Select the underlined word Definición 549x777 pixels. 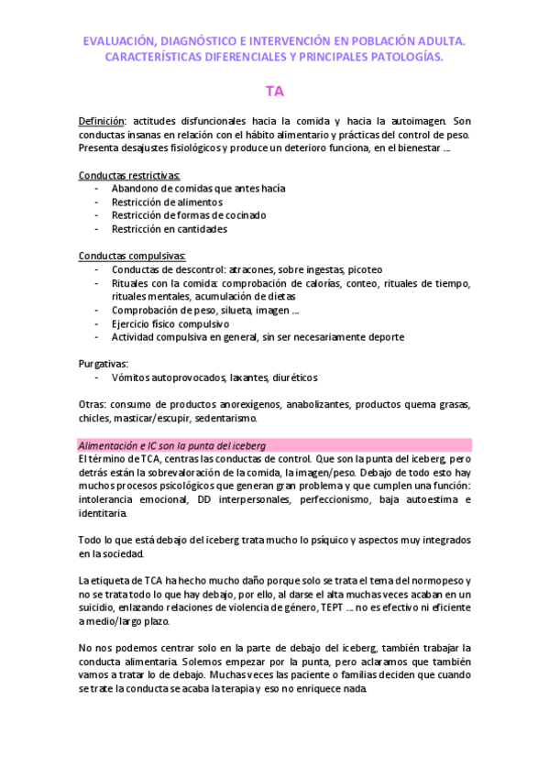coord(101,121)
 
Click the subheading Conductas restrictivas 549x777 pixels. coord(129,174)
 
